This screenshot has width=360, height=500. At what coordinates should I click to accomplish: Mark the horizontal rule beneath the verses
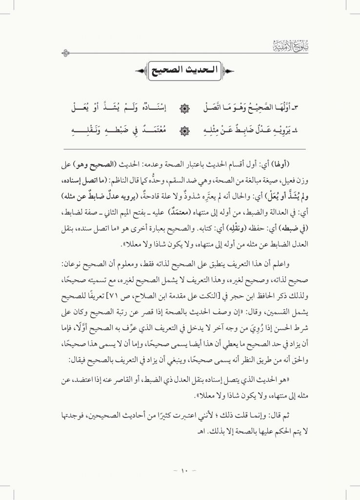(x=180, y=148)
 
